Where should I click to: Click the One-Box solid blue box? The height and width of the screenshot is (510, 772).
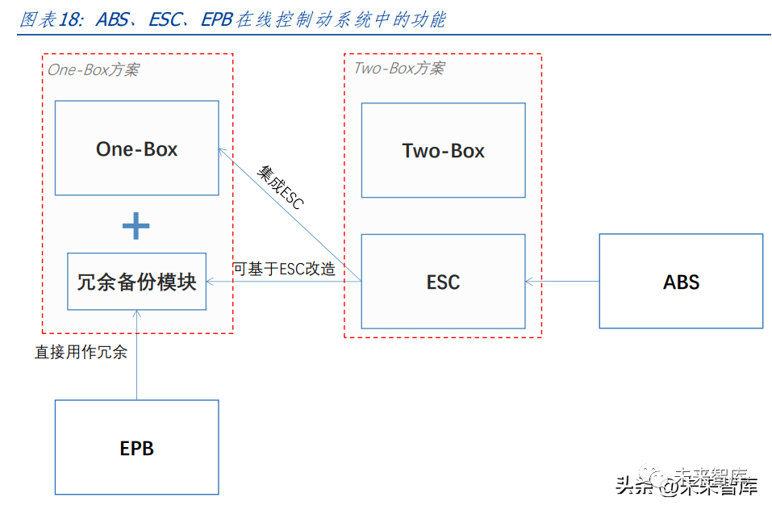(x=136, y=148)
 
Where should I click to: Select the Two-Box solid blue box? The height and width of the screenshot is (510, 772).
(x=443, y=150)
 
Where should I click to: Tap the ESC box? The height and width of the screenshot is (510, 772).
(x=443, y=282)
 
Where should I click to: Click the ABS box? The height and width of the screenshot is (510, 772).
(x=681, y=282)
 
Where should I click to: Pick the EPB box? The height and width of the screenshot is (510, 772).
(x=136, y=447)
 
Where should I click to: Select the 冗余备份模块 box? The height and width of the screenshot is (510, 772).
(x=136, y=282)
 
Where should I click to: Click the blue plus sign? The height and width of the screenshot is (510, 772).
(x=136, y=226)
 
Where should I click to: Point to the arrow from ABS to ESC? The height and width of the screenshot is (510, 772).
(x=562, y=282)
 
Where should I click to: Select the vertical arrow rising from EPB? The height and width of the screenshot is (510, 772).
(x=136, y=355)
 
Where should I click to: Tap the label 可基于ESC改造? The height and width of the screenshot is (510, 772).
(x=284, y=269)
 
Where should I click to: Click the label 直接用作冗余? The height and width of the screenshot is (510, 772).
(x=81, y=352)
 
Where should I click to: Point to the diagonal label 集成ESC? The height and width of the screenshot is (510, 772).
(x=280, y=187)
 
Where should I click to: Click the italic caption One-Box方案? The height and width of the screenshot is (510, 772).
(x=93, y=69)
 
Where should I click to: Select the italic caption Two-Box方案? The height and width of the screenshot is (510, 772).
(x=399, y=68)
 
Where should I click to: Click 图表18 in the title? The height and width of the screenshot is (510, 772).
(x=50, y=20)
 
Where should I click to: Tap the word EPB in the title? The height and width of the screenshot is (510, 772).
(x=216, y=20)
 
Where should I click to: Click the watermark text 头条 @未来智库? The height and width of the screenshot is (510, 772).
(x=686, y=486)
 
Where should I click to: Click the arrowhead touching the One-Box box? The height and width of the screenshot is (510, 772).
(x=223, y=151)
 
